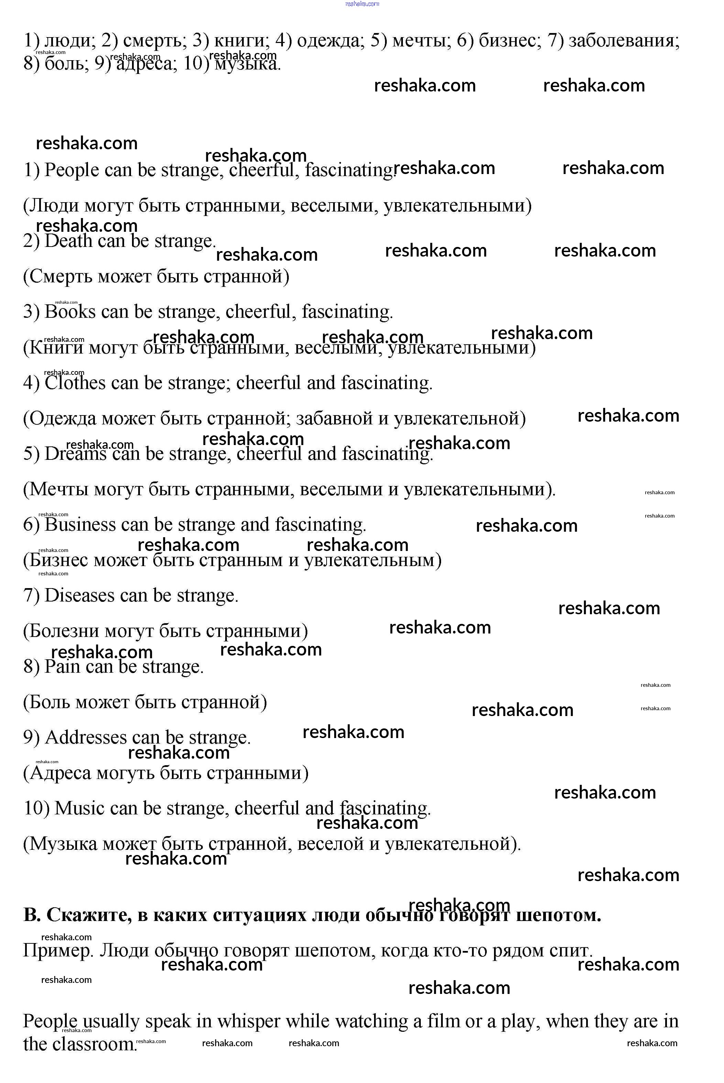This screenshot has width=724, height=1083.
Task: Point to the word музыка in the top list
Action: click(x=247, y=64)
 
